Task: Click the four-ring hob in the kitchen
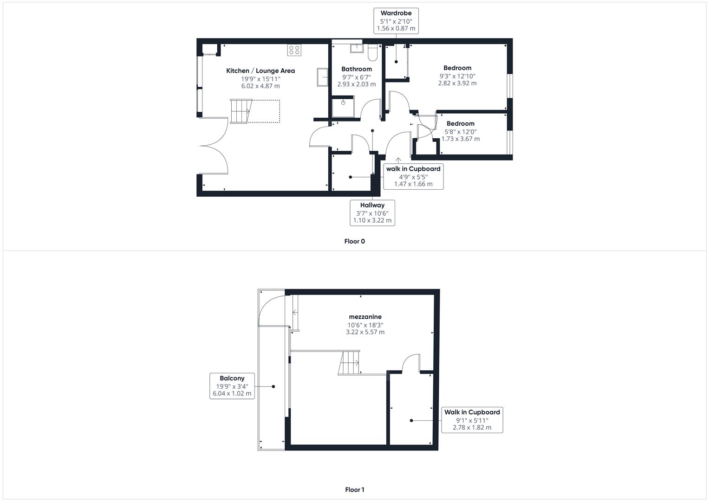[294, 50]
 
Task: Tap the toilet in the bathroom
[372, 52]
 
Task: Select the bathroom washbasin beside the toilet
[357, 48]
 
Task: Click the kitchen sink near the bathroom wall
[323, 77]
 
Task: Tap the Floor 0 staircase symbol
[241, 111]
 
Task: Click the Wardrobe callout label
[396, 21]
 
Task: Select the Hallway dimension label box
[372, 213]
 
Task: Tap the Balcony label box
[232, 386]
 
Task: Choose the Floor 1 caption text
[355, 489]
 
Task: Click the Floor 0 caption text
[355, 241]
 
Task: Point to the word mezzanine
[365, 316]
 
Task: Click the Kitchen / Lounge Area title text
[260, 71]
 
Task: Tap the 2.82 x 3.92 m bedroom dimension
[457, 83]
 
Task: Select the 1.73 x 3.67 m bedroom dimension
[461, 139]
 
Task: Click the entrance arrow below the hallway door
[398, 160]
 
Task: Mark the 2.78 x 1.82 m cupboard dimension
[472, 428]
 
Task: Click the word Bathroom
[357, 69]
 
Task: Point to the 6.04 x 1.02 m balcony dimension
[232, 393]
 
